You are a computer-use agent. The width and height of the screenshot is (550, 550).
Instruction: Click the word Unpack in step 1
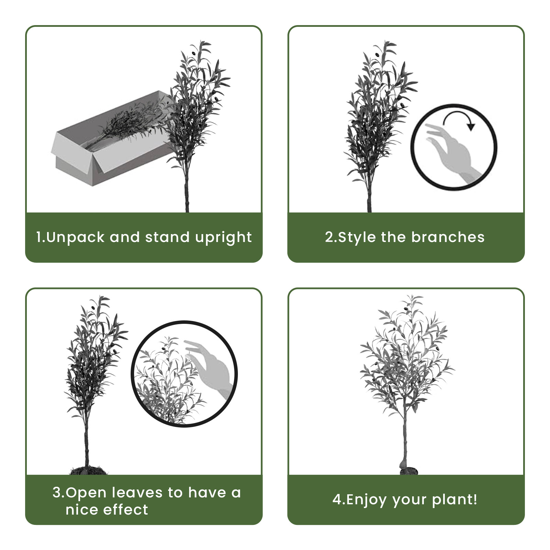click(x=75, y=237)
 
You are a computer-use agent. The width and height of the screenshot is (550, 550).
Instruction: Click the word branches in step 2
click(x=448, y=237)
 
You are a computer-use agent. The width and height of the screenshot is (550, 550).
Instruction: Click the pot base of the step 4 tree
click(x=409, y=470)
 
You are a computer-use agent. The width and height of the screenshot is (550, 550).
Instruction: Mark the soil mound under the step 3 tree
click(x=88, y=470)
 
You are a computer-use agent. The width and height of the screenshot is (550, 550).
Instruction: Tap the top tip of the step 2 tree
click(x=384, y=41)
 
